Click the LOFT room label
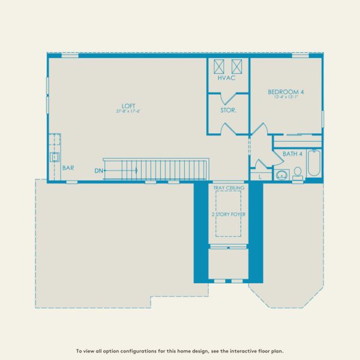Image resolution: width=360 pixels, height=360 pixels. [x=126, y=106]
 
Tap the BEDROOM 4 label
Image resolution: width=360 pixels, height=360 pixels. [x=286, y=92]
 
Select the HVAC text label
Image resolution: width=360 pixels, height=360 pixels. [x=227, y=79]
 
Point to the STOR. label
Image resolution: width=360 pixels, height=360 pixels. [x=228, y=110]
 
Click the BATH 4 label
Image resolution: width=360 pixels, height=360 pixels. [x=292, y=154]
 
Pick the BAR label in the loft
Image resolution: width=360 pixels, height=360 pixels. [x=68, y=168]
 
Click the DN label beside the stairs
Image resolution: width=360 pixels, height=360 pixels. [x=98, y=171]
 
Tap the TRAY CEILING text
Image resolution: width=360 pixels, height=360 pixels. [x=227, y=188]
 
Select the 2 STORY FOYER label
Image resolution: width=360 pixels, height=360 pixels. [x=227, y=214]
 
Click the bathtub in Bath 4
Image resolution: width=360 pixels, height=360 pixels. [x=314, y=163]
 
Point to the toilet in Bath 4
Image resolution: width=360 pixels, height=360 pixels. [x=297, y=173]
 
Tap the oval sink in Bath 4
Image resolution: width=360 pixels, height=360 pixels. [x=281, y=176]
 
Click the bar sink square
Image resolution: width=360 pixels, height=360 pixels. [x=54, y=157]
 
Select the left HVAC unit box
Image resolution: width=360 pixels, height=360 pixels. [x=219, y=66]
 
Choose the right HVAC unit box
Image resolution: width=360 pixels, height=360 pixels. [x=237, y=66]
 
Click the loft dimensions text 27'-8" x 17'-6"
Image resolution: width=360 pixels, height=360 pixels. [x=128, y=112]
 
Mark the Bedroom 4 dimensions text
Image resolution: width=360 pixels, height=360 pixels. [x=286, y=97]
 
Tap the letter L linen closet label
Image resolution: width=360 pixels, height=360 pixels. [x=260, y=177]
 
